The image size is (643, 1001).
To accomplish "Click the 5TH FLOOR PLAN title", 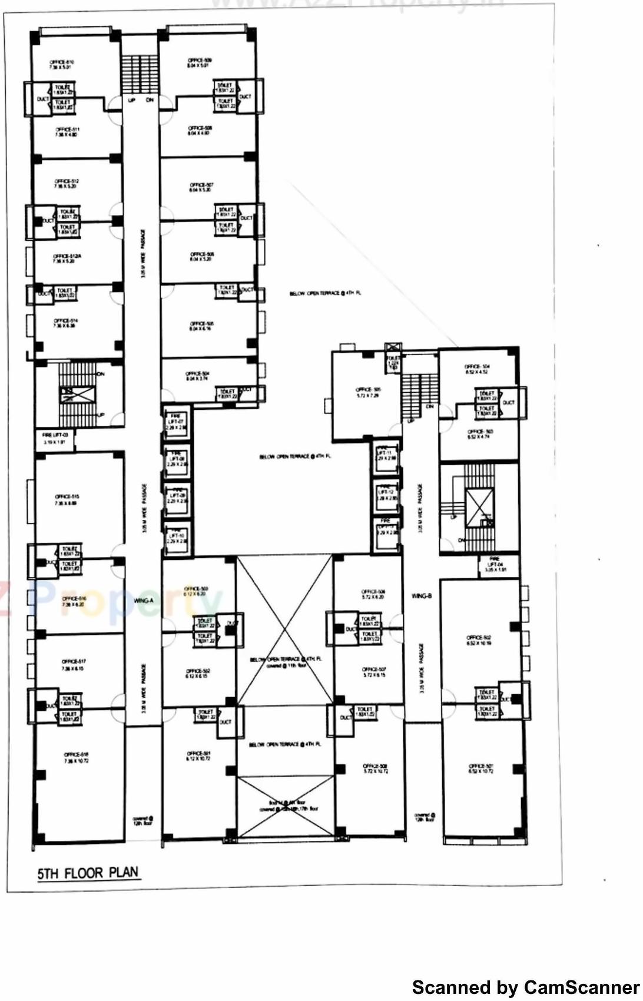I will (x=88, y=873).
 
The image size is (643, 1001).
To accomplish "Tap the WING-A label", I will (x=143, y=601).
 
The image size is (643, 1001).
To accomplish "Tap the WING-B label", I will (x=422, y=596).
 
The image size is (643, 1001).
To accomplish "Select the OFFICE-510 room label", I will (x=61, y=64).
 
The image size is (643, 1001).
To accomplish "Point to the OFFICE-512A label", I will (x=64, y=258).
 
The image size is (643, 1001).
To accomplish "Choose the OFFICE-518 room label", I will (x=76, y=757).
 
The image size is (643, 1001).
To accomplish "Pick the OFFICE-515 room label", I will (x=67, y=499).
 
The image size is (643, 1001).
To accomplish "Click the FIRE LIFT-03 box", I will (x=54, y=438).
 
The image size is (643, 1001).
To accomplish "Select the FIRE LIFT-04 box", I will (x=495, y=566).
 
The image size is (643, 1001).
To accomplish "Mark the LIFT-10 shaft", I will (x=177, y=538).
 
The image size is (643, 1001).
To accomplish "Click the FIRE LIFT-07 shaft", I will (x=176, y=423).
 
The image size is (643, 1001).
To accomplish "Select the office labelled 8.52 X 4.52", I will (x=477, y=369).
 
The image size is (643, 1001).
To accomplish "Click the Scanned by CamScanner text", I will (x=525, y=987).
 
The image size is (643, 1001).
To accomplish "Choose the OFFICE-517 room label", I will (x=73, y=664).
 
